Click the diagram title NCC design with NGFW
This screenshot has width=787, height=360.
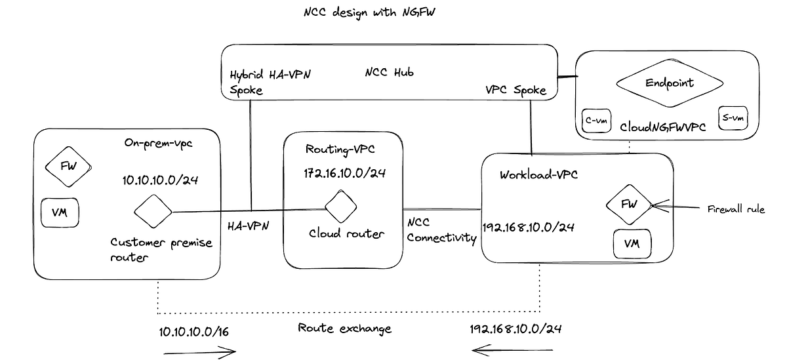(376, 12)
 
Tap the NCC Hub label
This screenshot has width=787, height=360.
(390, 72)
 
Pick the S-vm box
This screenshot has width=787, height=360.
(733, 119)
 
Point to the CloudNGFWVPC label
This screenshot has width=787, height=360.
(663, 127)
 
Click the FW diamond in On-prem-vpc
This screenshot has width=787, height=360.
(68, 166)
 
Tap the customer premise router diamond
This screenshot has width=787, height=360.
(153, 212)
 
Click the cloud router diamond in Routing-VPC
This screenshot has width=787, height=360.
(340, 207)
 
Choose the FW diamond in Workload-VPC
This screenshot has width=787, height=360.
(629, 204)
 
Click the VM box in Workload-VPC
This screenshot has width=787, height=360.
(632, 244)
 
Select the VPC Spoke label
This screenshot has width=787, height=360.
(516, 90)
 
